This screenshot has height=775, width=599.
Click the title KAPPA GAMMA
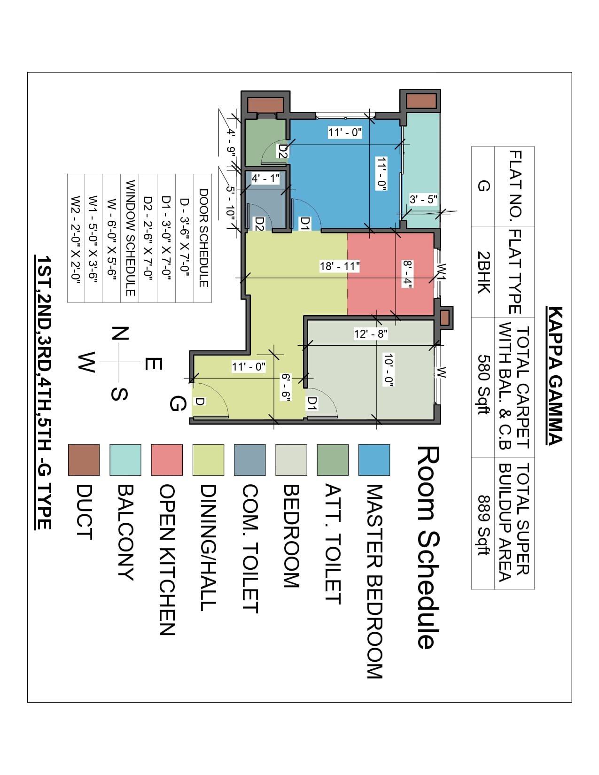point(555,376)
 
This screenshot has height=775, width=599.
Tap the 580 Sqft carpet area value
point(484,384)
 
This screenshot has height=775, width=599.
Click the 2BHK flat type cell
point(484,272)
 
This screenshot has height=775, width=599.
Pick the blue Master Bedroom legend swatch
point(374,460)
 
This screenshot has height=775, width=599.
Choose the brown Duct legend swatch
point(84,460)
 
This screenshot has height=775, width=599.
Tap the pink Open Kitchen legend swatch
point(167,460)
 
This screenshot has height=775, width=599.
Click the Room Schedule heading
point(428,547)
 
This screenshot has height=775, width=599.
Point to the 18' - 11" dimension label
point(339,266)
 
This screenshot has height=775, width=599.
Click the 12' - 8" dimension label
point(371,334)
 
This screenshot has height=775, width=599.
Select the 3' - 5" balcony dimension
point(423,199)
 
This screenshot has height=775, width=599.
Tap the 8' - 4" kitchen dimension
point(407,274)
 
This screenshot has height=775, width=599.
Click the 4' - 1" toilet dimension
point(265,178)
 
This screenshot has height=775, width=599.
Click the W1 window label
point(442,272)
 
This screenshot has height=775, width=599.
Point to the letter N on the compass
point(120,333)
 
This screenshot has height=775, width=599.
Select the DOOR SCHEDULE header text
point(203,238)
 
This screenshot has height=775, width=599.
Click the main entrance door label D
point(200,402)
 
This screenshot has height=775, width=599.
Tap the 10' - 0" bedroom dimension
point(388,370)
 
